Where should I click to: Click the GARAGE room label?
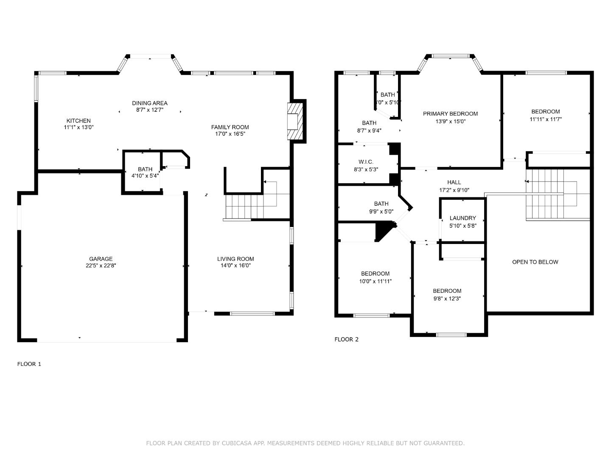click(101, 259)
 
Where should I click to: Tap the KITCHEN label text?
click(78, 121)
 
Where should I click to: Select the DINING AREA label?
click(149, 103)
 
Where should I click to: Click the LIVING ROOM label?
click(235, 259)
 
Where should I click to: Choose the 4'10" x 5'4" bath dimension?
click(145, 176)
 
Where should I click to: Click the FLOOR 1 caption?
click(29, 364)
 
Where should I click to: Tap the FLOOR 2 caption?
click(346, 339)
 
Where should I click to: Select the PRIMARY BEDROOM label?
click(450, 113)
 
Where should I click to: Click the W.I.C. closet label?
click(366, 162)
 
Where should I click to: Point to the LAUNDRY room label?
click(462, 218)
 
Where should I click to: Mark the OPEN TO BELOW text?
click(535, 262)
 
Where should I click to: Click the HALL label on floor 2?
click(454, 182)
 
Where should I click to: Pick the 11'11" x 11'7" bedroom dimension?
click(545, 119)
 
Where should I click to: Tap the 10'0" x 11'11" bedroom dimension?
click(375, 281)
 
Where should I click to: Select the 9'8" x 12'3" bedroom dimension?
click(447, 298)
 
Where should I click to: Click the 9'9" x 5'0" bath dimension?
click(381, 211)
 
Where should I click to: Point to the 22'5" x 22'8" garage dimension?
click(101, 266)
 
